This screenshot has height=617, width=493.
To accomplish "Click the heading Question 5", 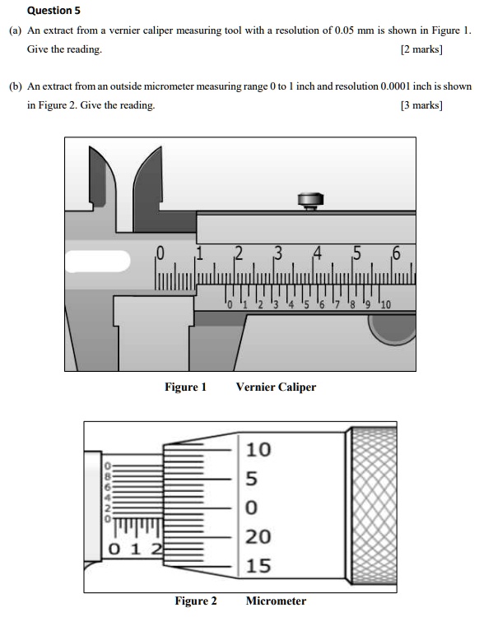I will (x=54, y=11).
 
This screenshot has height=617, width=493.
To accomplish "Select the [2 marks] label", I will (x=421, y=49).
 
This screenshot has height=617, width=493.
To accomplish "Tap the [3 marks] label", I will (x=421, y=105).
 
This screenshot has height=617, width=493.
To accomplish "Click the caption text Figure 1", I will (x=185, y=387).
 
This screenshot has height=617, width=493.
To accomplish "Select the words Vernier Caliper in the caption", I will (x=276, y=387).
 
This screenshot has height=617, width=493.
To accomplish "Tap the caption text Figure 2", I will (x=196, y=601).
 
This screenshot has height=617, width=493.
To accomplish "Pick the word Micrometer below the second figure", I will (x=276, y=601).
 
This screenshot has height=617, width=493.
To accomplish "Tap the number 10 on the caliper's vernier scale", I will (x=385, y=306).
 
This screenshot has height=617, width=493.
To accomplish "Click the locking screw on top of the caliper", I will (x=309, y=200).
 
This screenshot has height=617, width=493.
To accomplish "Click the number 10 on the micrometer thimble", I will (x=258, y=450).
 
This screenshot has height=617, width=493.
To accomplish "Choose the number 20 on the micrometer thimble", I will (x=258, y=537).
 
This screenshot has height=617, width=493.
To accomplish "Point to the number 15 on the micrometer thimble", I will (x=258, y=566).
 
